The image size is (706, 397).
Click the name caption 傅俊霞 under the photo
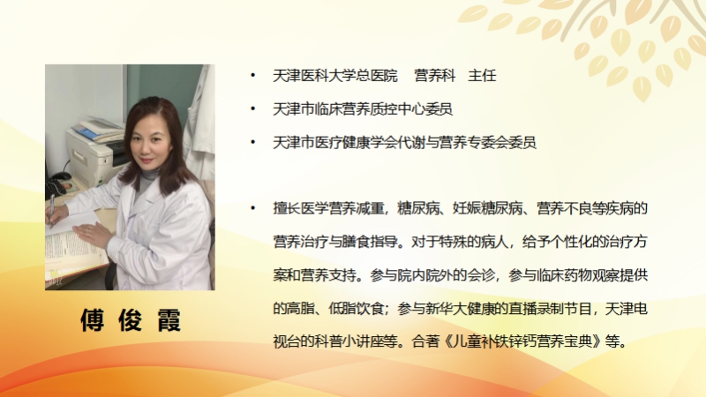[131, 320]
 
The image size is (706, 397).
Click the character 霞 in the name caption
[169, 320]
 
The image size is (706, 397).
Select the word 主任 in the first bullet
[482, 75]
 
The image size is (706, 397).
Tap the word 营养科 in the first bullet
[434, 75]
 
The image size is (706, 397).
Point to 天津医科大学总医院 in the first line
[335, 75]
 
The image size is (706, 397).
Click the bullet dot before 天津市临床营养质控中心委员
[253, 109]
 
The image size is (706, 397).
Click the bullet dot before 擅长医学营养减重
[253, 208]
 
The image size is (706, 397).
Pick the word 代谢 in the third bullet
[411, 142]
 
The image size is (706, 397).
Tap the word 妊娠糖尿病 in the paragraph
[488, 208]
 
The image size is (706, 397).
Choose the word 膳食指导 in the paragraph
[371, 242]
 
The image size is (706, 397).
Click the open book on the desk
[74, 248]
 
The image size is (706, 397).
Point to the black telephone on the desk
[56, 184]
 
